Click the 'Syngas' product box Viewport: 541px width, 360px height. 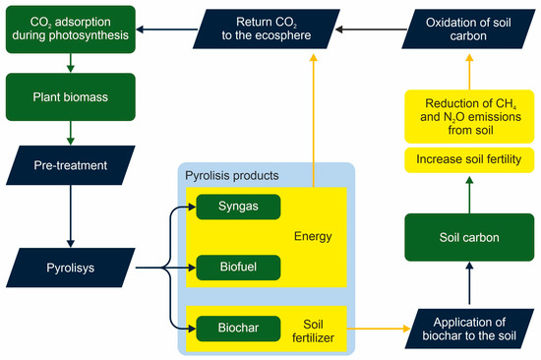coord(237,207)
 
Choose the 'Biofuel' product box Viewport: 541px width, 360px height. coord(237,266)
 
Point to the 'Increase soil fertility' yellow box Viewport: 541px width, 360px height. coord(462,157)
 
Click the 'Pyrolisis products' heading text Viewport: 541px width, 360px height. coord(230,175)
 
